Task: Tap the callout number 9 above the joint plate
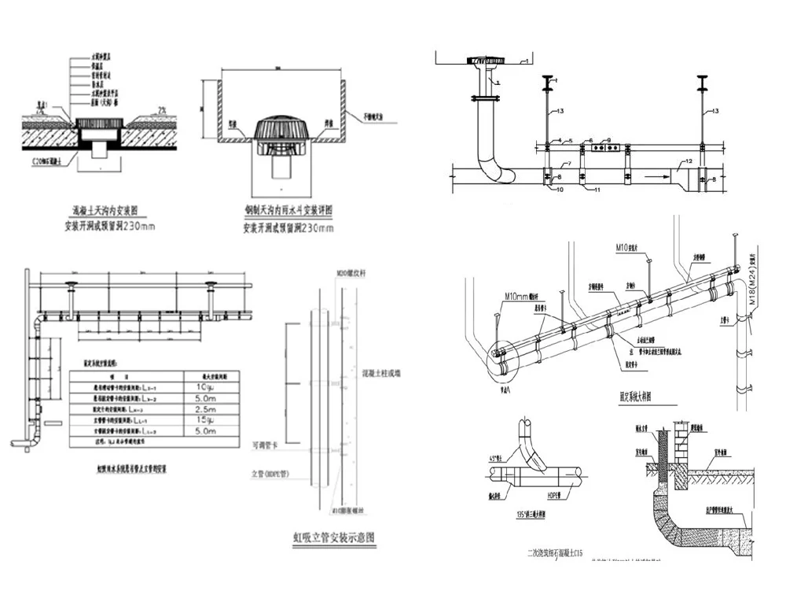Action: [x=608, y=140]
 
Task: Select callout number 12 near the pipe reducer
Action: [x=687, y=161]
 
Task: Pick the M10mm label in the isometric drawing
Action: [x=517, y=297]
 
